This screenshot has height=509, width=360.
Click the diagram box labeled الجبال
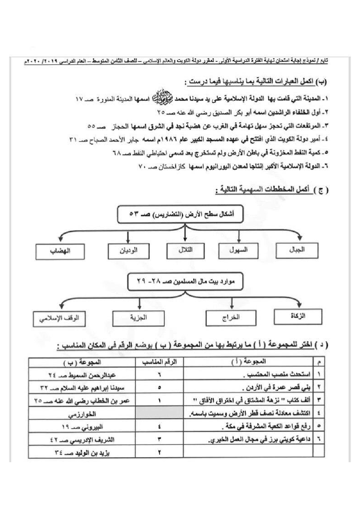coord(297,250)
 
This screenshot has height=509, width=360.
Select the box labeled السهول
coord(238,250)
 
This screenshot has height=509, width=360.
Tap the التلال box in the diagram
coord(185,250)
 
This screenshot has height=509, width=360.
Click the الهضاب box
coord(60,251)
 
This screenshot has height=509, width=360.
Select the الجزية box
coord(138,318)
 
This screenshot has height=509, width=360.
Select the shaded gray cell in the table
coord(159,413)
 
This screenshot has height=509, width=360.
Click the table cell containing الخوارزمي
coord(82,413)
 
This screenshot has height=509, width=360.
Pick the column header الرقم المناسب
coord(159,362)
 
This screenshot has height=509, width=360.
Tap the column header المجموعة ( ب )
coord(82,362)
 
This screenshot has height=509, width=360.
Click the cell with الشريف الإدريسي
coord(82,439)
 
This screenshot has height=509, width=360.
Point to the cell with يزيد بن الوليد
coord(82,452)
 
